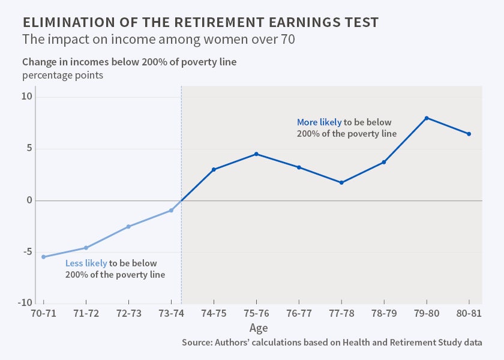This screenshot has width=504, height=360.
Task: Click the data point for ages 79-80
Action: [427, 118]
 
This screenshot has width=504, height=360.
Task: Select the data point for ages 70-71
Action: [43, 257]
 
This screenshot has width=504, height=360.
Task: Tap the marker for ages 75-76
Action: [256, 154]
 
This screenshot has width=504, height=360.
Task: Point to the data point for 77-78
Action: [341, 182]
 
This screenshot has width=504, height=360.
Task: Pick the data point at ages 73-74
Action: [172, 210]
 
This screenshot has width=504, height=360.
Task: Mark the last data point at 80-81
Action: [469, 134]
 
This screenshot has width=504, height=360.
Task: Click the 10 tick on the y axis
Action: [26, 97]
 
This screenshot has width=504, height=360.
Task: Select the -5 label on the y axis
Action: [26, 251]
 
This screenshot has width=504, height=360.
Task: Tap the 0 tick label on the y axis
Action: [28, 200]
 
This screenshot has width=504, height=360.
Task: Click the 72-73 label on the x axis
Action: [128, 313]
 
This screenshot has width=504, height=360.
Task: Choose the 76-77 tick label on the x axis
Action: [299, 313]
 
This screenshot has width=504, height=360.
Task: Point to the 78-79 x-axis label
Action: [384, 313]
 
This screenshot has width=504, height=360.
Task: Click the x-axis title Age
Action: [259, 328]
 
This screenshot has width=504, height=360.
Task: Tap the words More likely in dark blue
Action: [319, 122]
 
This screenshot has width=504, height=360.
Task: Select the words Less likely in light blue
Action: [86, 263]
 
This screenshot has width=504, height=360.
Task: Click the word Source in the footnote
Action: [196, 342]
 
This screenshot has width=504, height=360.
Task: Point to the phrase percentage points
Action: [63, 76]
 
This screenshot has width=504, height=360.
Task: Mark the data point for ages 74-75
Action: [214, 169]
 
